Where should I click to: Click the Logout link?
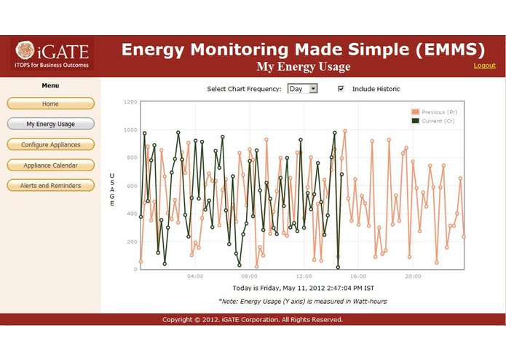click(x=484, y=66)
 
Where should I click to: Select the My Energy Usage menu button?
click(x=50, y=124)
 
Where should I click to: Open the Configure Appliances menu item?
click(x=50, y=144)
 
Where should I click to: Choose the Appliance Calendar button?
click(x=50, y=165)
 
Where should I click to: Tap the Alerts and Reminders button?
click(x=50, y=185)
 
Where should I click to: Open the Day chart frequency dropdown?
click(x=303, y=89)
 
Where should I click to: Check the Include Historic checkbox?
click(x=341, y=89)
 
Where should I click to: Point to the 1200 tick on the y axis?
click(x=130, y=102)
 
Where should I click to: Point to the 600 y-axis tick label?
click(x=131, y=186)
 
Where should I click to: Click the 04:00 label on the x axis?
click(x=195, y=276)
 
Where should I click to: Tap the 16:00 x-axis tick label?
click(x=358, y=276)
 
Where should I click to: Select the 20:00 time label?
click(x=413, y=276)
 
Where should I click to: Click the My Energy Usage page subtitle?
click(x=303, y=67)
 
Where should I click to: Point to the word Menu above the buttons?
click(x=50, y=86)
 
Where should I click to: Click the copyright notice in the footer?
click(x=252, y=319)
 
